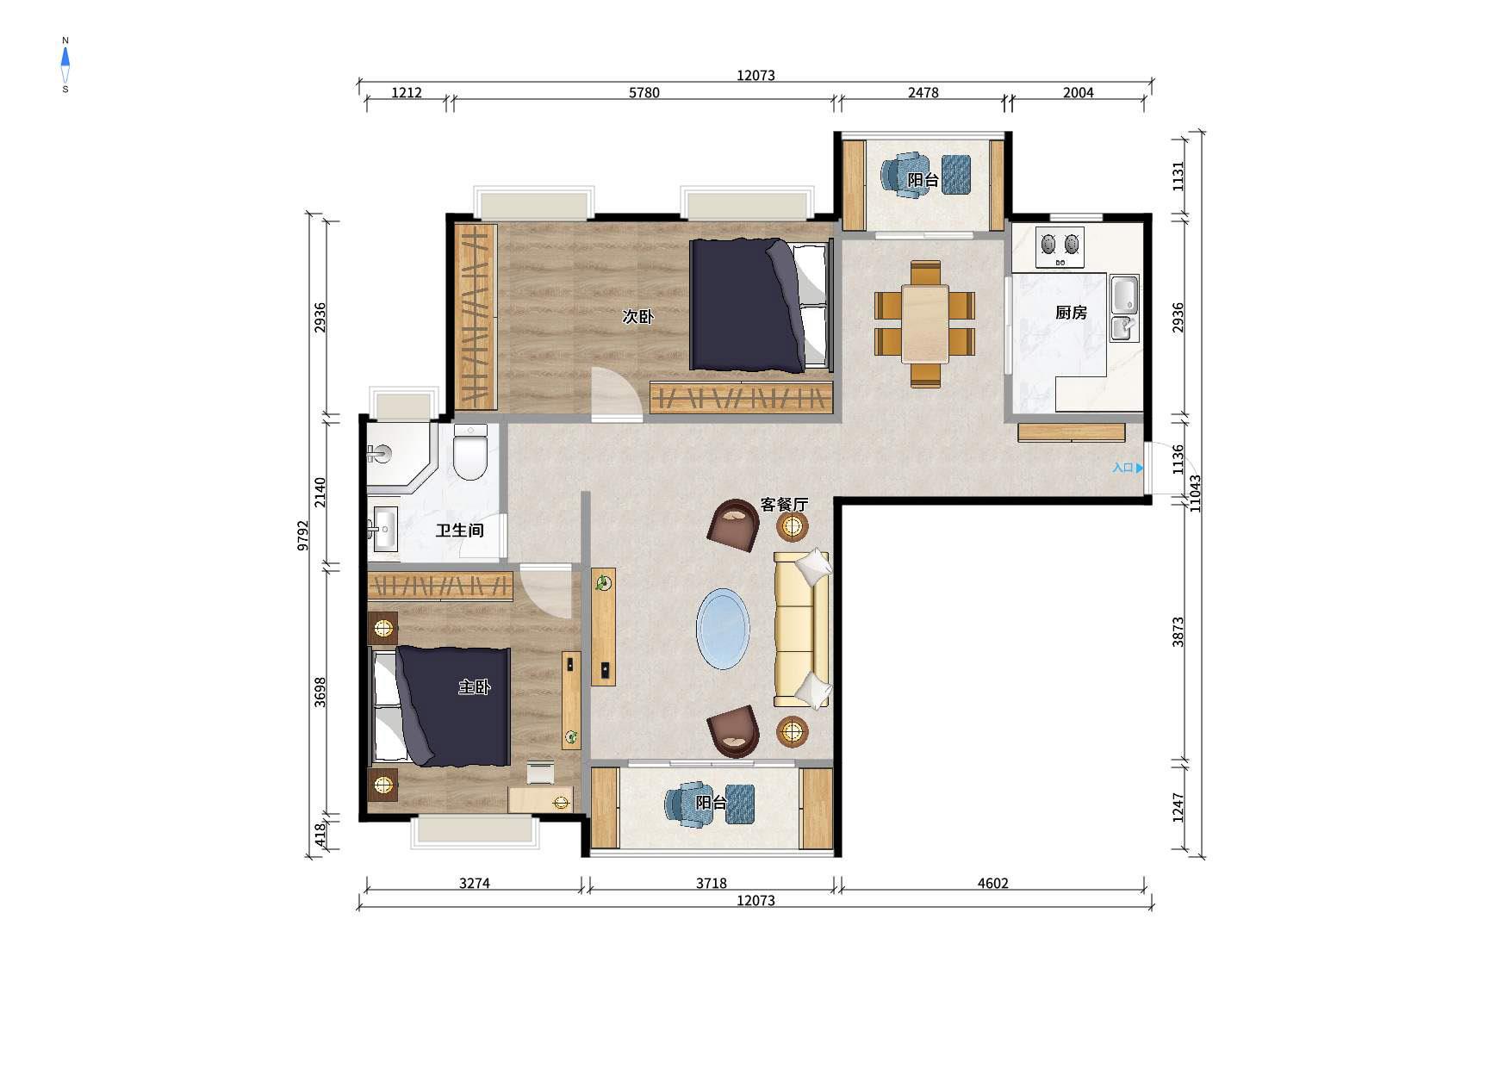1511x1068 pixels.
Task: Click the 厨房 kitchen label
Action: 1071,313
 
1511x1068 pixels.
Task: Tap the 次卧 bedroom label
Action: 637,316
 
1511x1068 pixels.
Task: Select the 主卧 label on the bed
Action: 474,686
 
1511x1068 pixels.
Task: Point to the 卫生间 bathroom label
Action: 459,531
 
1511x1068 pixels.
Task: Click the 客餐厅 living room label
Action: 784,504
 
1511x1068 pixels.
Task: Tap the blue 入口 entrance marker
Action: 1128,468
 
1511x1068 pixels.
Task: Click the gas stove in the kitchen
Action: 1060,246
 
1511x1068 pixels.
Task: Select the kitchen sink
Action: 1123,307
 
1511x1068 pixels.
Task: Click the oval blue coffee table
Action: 723,629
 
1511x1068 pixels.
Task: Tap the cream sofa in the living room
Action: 802,630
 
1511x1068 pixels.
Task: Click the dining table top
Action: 925,323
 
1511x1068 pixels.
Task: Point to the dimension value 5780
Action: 644,93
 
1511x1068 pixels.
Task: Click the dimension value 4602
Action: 992,883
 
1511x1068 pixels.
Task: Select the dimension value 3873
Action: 1178,632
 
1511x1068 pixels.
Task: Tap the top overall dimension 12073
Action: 755,76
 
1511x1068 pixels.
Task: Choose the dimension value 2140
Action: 320,492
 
